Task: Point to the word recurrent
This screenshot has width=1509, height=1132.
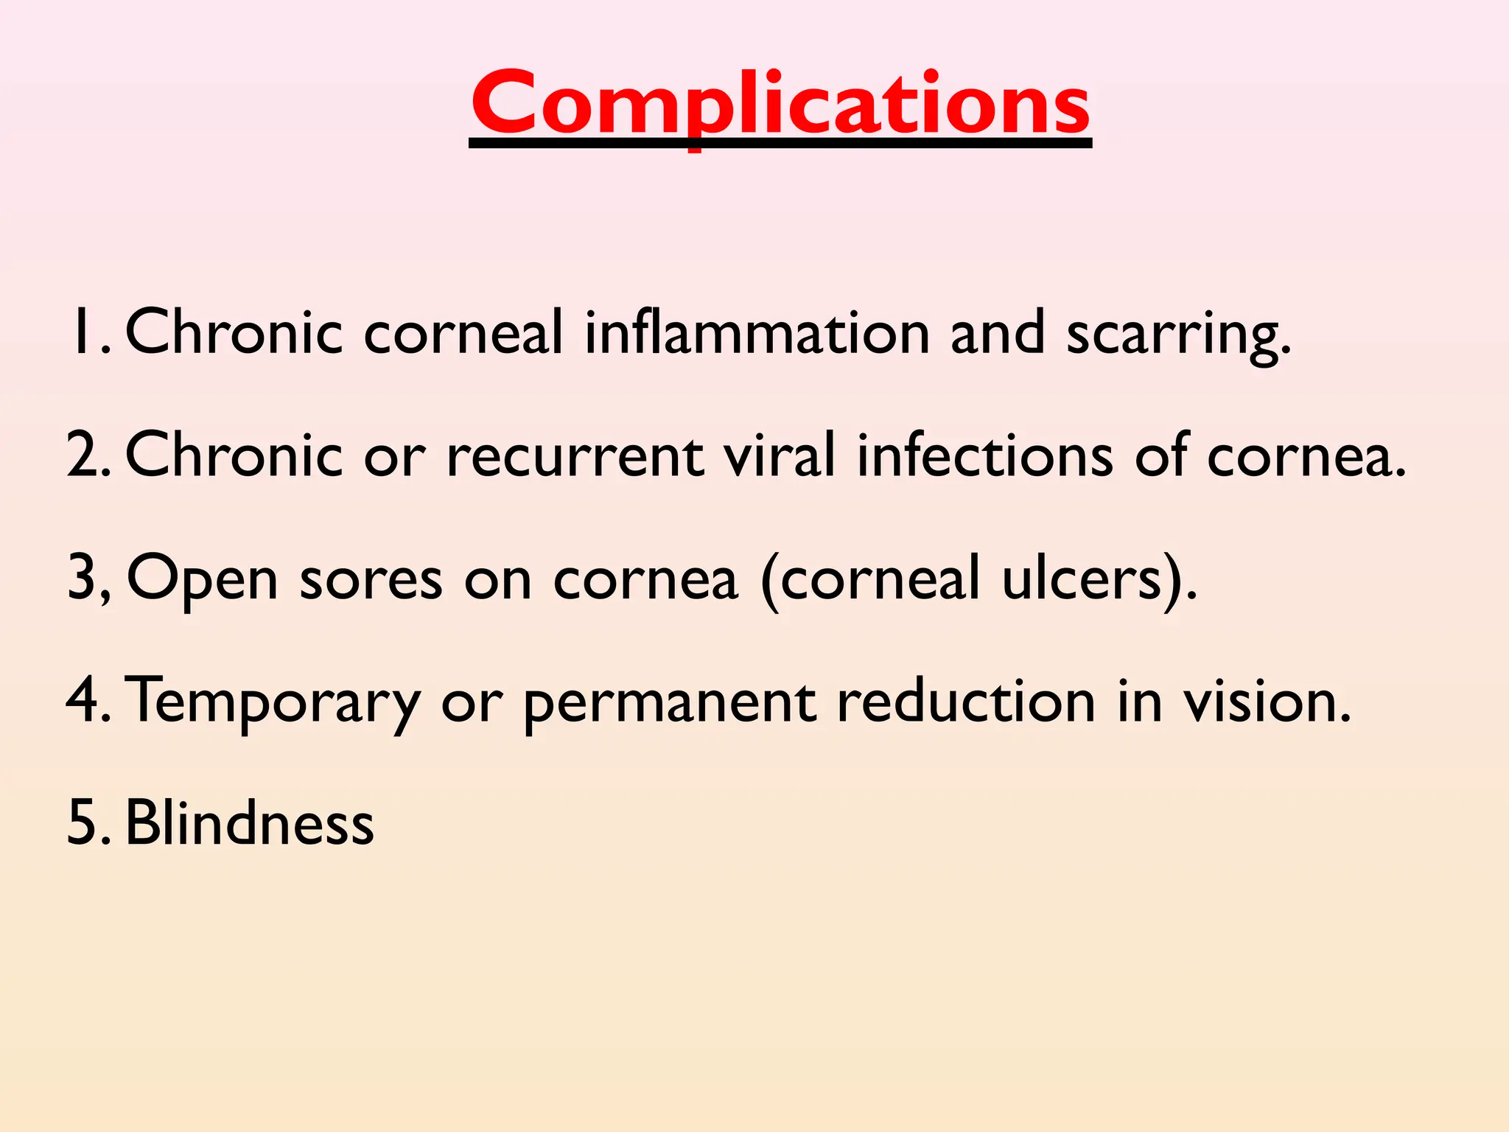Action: point(575,455)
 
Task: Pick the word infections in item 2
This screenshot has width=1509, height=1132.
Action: point(984,454)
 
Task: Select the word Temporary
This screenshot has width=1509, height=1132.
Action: point(273,702)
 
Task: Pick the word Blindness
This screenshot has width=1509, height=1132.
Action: point(250,822)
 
